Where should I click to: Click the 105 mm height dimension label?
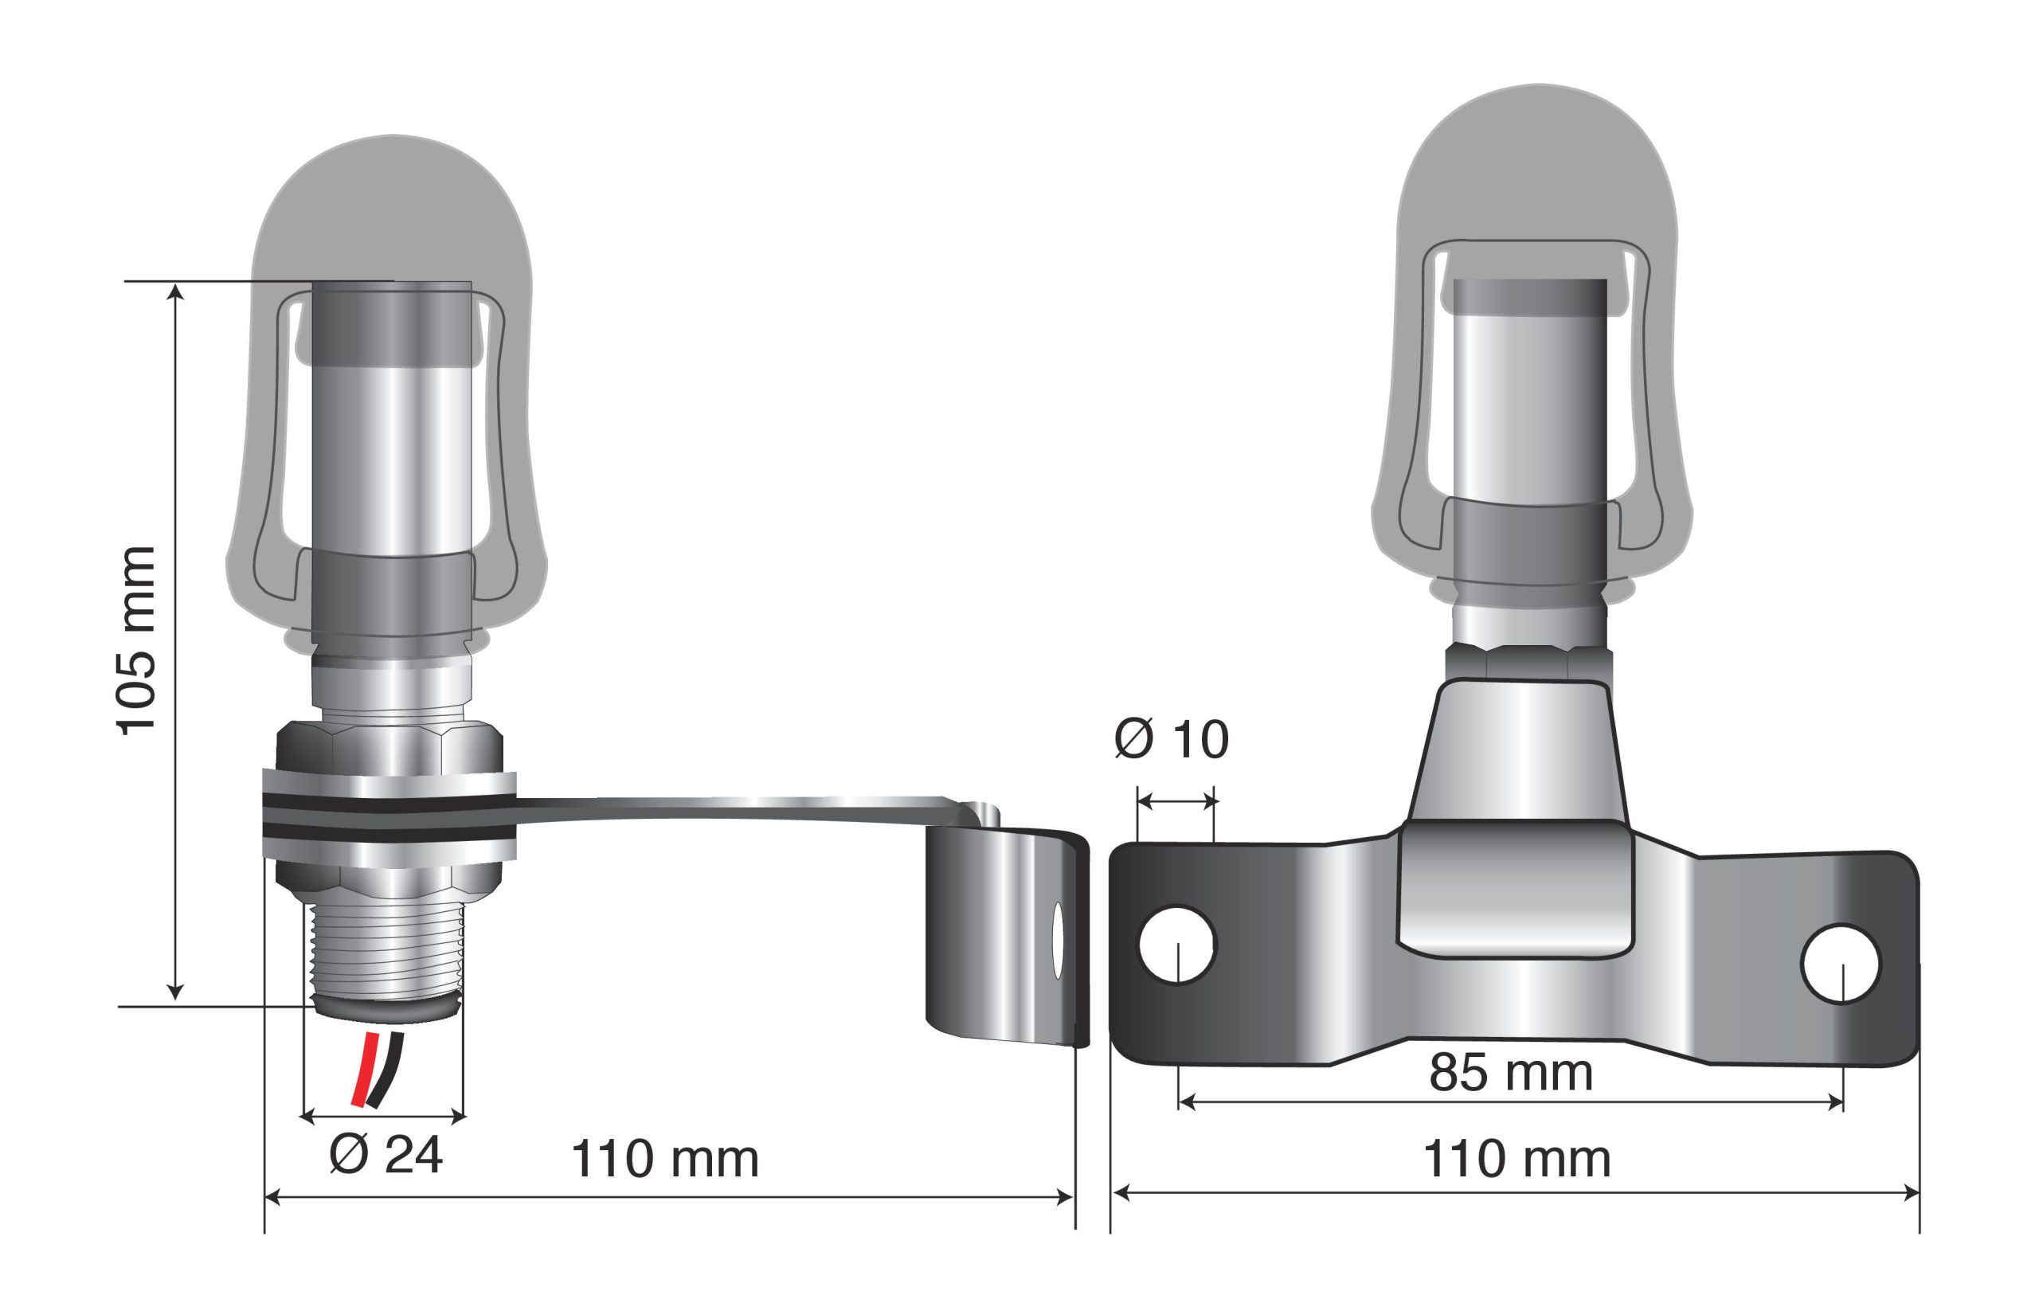[x=135, y=641]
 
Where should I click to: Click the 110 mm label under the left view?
[x=665, y=1160]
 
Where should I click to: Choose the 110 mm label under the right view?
[x=1517, y=1160]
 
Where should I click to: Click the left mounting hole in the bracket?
[x=1178, y=945]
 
